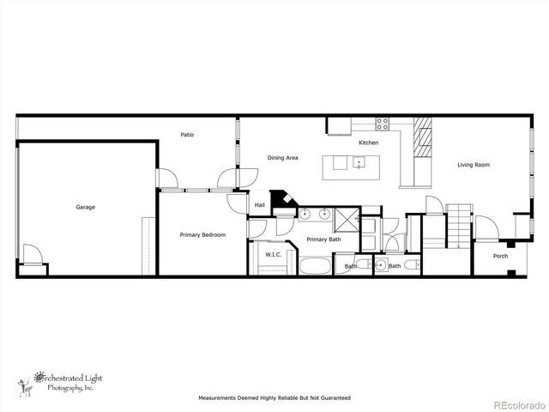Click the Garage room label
[85, 207]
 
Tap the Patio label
[186, 135]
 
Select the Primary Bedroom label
[202, 234]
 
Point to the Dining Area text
[282, 158]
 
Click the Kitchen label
[368, 142]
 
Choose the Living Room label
[473, 164]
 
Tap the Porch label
[500, 256]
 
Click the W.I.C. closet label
[274, 254]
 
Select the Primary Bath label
[323, 239]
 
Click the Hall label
[260, 204]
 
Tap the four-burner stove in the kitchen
[382, 121]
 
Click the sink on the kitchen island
[359, 162]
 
